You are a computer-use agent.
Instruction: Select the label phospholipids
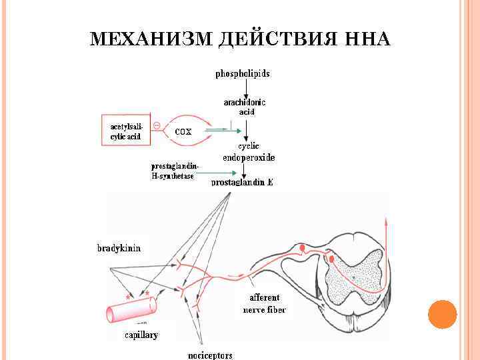[x=243, y=74]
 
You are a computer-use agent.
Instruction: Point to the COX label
[x=183, y=131]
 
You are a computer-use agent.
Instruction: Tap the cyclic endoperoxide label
[x=248, y=152]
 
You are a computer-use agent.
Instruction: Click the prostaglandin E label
[x=242, y=182]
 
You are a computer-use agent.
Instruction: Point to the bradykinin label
[x=119, y=248]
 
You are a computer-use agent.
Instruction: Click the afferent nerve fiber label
[x=264, y=303]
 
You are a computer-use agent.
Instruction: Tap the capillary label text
[x=141, y=335]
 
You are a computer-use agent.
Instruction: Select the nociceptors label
[x=210, y=355]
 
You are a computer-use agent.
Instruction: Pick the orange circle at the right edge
[x=442, y=314]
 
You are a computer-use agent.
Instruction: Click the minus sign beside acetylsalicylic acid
[x=156, y=125]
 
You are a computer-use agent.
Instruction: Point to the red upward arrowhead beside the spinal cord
[x=385, y=220]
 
